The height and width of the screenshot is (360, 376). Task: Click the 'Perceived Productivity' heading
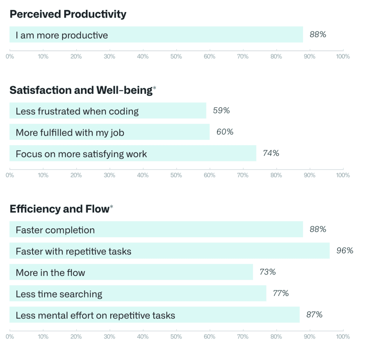click(68, 14)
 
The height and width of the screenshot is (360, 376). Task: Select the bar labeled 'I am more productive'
click(156, 35)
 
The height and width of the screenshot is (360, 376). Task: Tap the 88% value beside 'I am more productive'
click(317, 34)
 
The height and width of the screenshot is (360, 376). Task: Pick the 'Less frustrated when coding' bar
click(107, 111)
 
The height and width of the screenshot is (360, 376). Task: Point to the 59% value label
click(221, 111)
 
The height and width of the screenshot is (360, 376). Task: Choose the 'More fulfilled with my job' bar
click(109, 132)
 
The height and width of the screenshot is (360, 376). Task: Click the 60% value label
click(225, 132)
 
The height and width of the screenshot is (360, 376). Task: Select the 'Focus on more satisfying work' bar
click(132, 154)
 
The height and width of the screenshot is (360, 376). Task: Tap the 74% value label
click(271, 153)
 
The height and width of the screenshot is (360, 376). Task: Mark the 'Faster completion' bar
click(156, 229)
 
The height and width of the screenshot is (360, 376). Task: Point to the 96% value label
click(345, 251)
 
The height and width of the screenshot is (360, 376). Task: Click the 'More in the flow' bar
click(131, 272)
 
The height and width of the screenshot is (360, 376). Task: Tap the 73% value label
click(268, 272)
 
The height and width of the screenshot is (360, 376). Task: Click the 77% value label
click(281, 293)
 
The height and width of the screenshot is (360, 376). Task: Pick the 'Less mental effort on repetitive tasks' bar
click(154, 315)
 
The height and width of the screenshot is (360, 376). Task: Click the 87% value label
click(314, 315)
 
